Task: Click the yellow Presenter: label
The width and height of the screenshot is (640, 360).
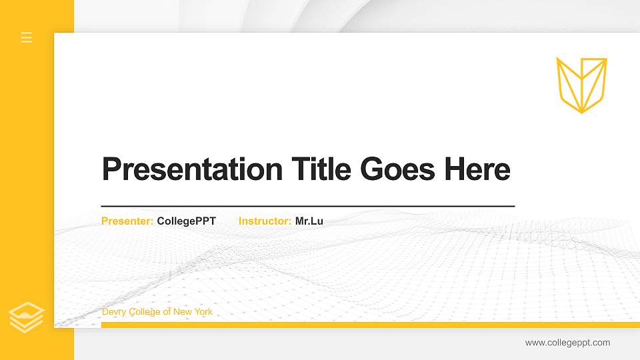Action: (x=127, y=221)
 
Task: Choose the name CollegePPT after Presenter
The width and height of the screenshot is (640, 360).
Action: (x=187, y=221)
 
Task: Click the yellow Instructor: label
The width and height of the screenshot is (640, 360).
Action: (x=265, y=221)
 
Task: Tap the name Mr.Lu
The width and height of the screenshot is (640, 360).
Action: (x=309, y=221)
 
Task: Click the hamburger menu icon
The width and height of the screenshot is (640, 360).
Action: (x=27, y=37)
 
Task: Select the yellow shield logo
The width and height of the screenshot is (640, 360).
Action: (x=581, y=84)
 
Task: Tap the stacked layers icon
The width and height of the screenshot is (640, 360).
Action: (x=27, y=317)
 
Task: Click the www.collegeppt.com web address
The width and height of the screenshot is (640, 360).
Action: (x=567, y=343)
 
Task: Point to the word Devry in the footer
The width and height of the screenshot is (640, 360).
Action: (x=113, y=312)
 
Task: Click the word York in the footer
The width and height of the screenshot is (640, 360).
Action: (x=203, y=312)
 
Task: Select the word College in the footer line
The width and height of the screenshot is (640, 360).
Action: (x=143, y=312)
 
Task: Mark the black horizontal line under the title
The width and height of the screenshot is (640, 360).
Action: (x=308, y=207)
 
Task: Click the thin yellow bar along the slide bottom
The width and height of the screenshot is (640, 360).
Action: (x=370, y=325)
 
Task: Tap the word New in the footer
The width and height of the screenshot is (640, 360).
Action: (x=182, y=312)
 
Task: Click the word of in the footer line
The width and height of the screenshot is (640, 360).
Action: (x=167, y=312)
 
